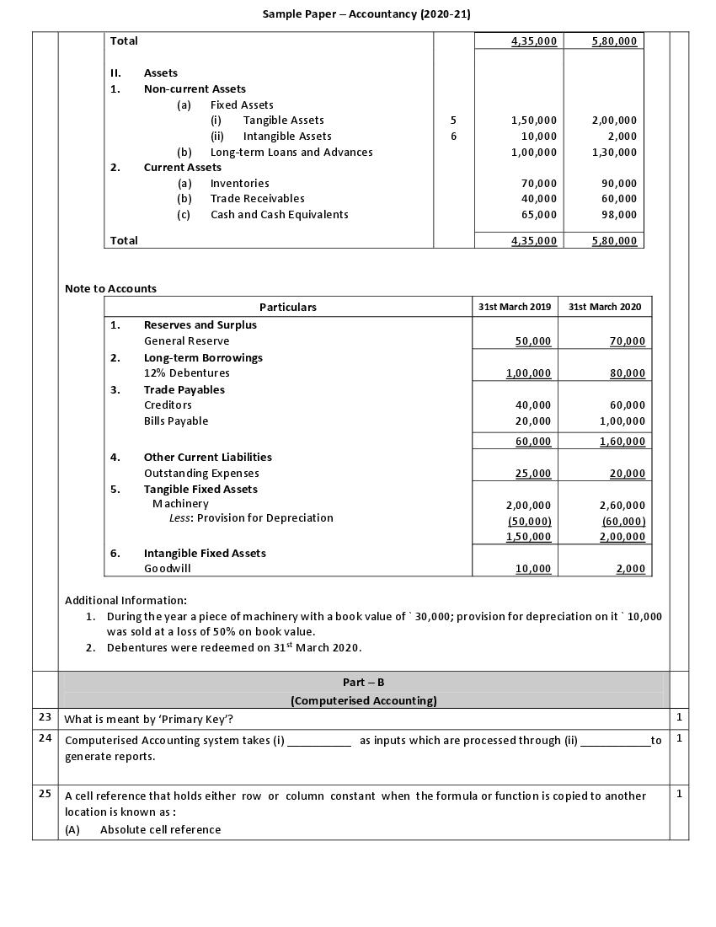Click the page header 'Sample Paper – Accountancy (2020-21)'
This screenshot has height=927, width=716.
(x=366, y=13)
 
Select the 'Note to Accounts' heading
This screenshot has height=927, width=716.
(x=110, y=288)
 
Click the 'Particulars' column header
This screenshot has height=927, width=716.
(x=288, y=307)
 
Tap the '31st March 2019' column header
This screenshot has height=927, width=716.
(x=515, y=307)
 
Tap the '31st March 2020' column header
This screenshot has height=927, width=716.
(x=605, y=307)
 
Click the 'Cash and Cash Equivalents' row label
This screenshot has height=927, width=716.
(x=279, y=214)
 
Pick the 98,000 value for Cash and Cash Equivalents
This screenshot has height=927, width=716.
(x=615, y=214)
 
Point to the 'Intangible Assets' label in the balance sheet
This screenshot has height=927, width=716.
(x=286, y=136)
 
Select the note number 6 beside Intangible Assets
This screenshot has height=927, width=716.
(x=453, y=136)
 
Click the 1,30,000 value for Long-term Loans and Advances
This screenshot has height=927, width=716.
(x=614, y=152)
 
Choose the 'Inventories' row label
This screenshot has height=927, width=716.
(x=239, y=183)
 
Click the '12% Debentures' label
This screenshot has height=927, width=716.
(x=186, y=372)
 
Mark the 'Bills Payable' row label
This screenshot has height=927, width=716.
(x=176, y=421)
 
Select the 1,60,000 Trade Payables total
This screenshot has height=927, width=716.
(x=622, y=441)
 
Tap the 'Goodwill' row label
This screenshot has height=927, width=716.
(x=167, y=568)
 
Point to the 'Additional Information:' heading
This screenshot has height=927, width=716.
(x=126, y=600)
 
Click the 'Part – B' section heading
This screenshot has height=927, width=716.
(x=363, y=682)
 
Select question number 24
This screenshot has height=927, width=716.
(x=45, y=738)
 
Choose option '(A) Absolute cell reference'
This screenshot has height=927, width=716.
(x=143, y=829)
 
